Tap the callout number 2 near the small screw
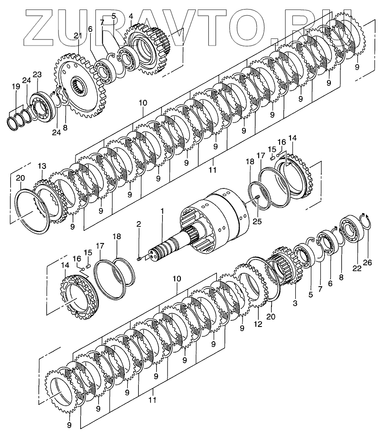[x=139, y=223]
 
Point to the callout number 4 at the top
[x=131, y=16]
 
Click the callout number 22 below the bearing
[x=356, y=269]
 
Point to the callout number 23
[x=37, y=75]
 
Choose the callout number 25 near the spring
[x=257, y=221]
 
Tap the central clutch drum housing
[x=218, y=214]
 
